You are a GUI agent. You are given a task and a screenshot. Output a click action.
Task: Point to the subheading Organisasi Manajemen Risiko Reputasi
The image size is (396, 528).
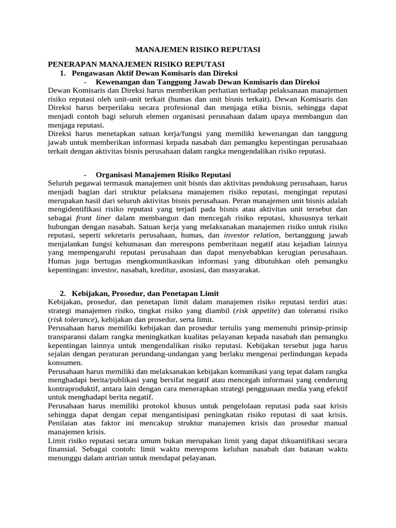tap(163, 174)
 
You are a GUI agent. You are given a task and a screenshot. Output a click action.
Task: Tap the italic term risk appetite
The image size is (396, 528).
tap(257, 311)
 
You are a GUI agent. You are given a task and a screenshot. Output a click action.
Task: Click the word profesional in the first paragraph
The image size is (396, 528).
tap(178, 108)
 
